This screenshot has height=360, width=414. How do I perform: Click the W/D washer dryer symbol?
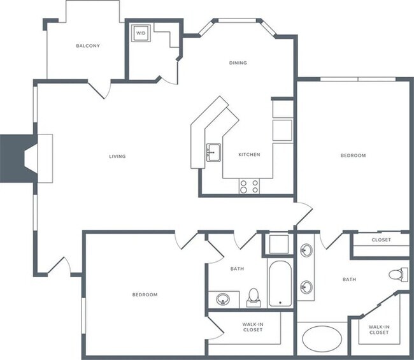tap(141, 33)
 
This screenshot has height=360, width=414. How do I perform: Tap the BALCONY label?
tap(88, 46)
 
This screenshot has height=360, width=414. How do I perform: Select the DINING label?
tap(238, 63)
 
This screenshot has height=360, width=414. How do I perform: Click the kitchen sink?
tap(213, 152)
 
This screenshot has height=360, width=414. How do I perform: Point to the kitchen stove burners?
tap(249, 186)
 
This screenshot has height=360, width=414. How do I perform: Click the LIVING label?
tap(117, 156)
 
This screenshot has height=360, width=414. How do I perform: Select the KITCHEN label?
tap(249, 154)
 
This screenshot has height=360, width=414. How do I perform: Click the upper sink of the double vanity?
tap(306, 250)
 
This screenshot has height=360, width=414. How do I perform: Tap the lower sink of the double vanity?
tap(306, 287)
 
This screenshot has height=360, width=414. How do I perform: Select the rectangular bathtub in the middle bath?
tap(280, 284)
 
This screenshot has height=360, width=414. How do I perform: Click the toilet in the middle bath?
tap(253, 298)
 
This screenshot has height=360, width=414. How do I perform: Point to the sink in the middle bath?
tap(223, 299)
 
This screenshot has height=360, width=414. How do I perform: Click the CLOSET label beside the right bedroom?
tap(381, 240)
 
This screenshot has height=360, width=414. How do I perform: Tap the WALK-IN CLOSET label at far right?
tap(379, 329)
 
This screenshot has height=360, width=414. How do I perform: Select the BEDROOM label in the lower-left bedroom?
tap(145, 294)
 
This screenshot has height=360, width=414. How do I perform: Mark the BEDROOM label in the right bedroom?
tap(353, 155)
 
